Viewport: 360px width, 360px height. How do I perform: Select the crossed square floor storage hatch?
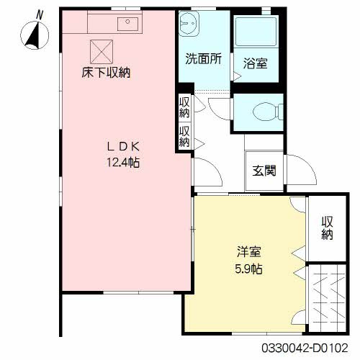pyautogui.click(x=99, y=50)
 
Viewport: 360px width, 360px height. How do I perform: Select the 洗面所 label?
pyautogui.click(x=202, y=60)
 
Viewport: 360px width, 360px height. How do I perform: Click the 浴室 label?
pyautogui.click(x=256, y=63)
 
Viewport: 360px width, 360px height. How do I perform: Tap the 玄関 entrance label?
pyautogui.click(x=264, y=171)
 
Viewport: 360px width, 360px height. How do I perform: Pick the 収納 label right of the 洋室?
pyautogui.click(x=328, y=228)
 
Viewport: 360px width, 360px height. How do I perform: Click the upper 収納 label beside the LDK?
pyautogui.click(x=184, y=107)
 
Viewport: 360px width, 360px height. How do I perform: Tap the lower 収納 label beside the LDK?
pyautogui.click(x=184, y=136)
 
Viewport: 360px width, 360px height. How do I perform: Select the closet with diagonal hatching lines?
pyautogui.click(x=328, y=296)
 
